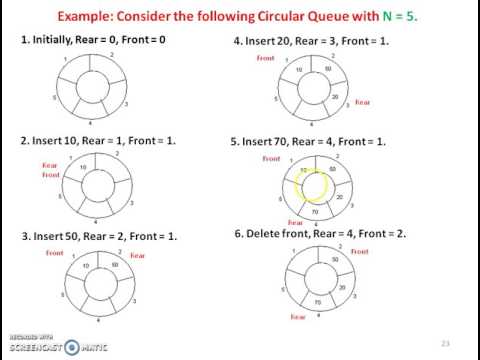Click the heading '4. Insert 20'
pyautogui.click(x=309, y=41)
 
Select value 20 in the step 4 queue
pyautogui.click(x=336, y=97)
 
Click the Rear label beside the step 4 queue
pyautogui.click(x=362, y=102)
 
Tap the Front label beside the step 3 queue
pyautogui.click(x=55, y=254)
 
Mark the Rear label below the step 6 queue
pyautogui.click(x=297, y=316)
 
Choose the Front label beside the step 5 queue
pyautogui.click(x=271, y=159)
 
